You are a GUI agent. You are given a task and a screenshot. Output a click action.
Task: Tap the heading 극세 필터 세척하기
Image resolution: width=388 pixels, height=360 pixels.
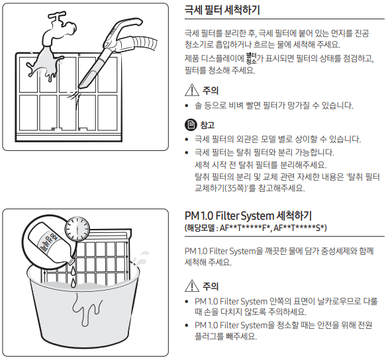click(x=222, y=10)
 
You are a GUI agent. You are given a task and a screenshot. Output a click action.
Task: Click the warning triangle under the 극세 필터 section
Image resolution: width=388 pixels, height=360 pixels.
click(x=192, y=90)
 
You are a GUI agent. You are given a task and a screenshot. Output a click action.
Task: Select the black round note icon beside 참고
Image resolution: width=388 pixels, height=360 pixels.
click(x=191, y=124)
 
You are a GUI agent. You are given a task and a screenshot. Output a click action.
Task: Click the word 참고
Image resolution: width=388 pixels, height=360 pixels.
click(x=207, y=124)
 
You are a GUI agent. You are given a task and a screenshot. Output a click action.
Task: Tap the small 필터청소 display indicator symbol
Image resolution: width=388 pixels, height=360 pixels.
click(x=251, y=58)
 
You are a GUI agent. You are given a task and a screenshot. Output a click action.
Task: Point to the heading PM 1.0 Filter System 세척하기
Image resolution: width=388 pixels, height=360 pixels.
click(x=248, y=216)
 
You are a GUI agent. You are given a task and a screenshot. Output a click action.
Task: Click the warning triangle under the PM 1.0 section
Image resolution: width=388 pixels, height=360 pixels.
click(x=192, y=286)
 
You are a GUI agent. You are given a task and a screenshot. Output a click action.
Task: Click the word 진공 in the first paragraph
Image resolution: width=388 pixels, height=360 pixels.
click(x=362, y=33)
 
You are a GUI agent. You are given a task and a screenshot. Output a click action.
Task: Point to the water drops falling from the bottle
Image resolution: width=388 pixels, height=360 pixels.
click(x=73, y=277)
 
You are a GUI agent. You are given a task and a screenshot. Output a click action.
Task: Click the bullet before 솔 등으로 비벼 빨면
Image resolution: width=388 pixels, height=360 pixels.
click(x=187, y=106)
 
